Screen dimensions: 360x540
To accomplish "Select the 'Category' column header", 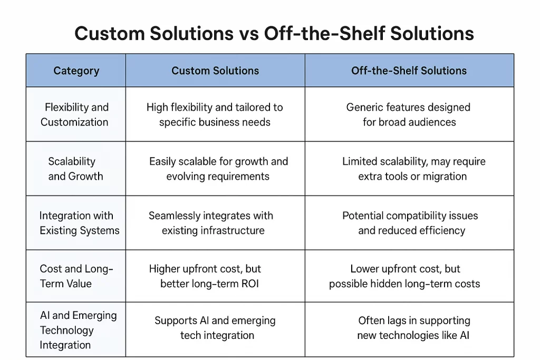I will (76, 71).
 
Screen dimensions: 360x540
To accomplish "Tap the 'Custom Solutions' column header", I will (215, 71).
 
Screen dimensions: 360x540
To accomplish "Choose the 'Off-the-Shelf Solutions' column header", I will (409, 71).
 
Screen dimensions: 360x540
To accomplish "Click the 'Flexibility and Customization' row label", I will (76, 114).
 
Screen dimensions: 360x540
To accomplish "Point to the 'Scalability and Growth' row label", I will (75, 169).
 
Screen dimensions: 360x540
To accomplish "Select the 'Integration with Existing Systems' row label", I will (79, 223).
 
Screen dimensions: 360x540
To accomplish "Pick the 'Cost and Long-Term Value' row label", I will (76, 276).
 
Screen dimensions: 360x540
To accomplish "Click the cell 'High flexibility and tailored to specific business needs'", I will (215, 114).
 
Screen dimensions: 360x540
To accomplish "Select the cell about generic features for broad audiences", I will (409, 114).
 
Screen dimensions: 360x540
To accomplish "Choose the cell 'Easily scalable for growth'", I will (218, 169).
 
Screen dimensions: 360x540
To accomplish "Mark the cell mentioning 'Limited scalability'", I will (413, 169).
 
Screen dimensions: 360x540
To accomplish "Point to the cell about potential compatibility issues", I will (410, 223).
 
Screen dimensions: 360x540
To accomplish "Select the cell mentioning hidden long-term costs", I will (405, 276).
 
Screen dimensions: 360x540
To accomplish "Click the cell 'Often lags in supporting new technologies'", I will (413, 328).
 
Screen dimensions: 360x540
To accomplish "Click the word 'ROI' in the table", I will (249, 284).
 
